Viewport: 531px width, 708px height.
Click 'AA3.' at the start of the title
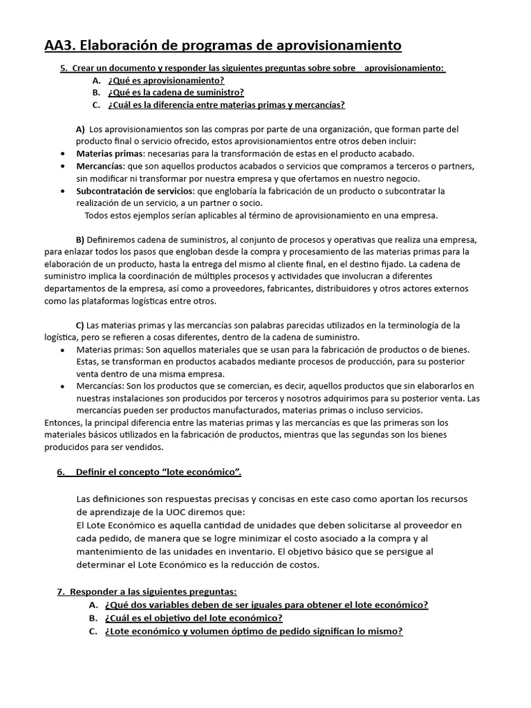pos(60,46)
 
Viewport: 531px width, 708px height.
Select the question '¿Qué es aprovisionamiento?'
pos(166,80)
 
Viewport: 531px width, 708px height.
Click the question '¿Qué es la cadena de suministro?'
pos(176,93)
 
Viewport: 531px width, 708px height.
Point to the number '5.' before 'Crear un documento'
pos(64,68)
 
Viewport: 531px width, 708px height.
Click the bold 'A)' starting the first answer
pos(80,129)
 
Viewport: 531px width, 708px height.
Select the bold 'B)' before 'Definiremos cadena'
pos(80,239)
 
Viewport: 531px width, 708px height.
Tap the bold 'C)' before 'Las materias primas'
pos(80,325)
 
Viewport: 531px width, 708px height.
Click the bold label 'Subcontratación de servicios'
pos(136,190)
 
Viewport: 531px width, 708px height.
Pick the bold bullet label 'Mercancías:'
pos(101,166)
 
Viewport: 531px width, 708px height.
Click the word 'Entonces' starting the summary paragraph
pos(63,422)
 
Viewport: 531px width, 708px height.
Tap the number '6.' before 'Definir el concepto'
pos(61,472)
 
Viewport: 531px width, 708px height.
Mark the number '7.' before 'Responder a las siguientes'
pos(61,592)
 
